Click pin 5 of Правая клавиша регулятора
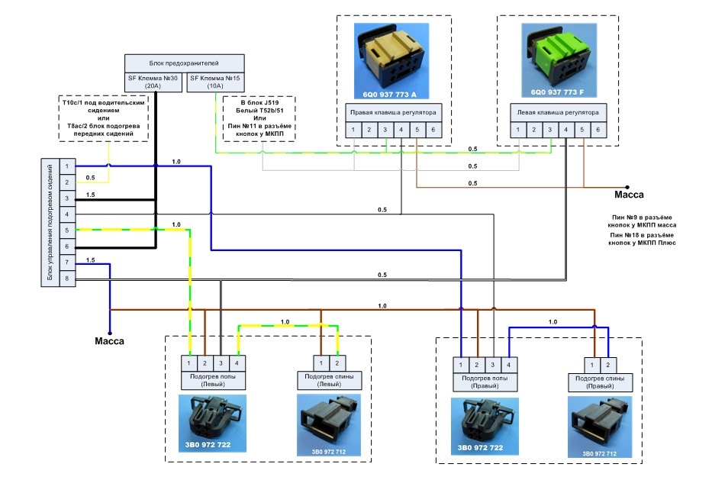coord(417,131)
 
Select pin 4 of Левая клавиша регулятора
coord(565,131)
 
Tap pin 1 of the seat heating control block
coord(67,166)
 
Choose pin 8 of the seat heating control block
coord(67,279)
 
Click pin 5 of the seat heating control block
coord(67,231)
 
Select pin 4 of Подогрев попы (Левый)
coord(238,363)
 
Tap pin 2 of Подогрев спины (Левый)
coord(337,363)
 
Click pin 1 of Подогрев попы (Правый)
coord(461,364)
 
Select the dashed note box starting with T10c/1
coord(101,118)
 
